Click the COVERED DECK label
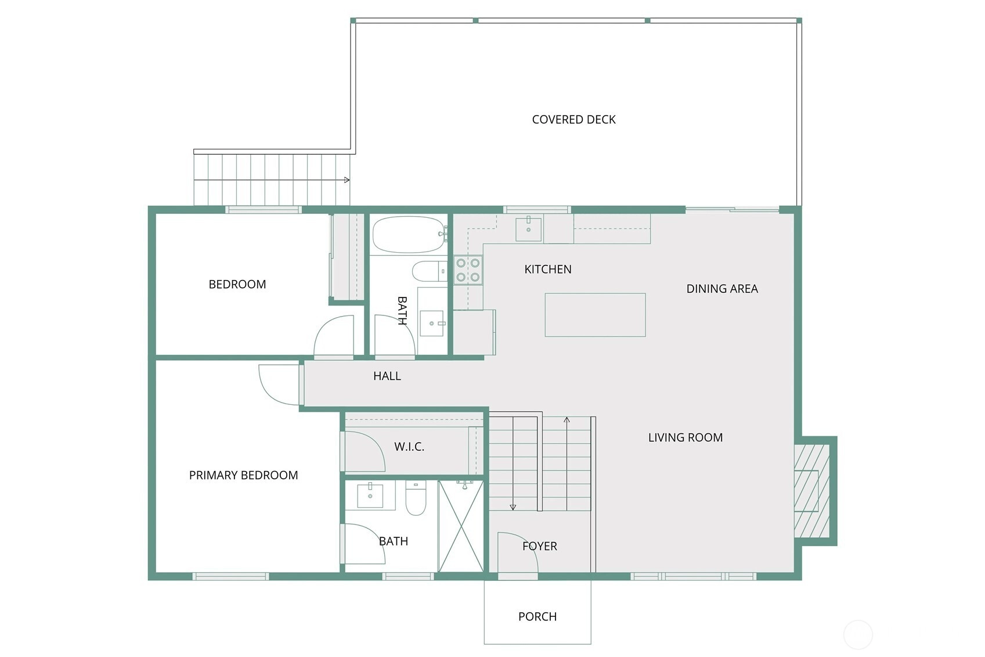[x=573, y=119]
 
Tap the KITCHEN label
[x=548, y=270]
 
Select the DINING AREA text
[x=722, y=289]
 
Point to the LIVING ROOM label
[x=685, y=437]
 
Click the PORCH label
[x=537, y=616]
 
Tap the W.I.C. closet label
[x=409, y=447]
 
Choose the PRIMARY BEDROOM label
[x=243, y=475]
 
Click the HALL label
[x=387, y=376]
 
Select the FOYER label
[x=540, y=546]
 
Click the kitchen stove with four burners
[x=468, y=270]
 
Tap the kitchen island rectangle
[x=596, y=315]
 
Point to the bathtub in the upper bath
[x=409, y=234]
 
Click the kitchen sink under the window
[x=529, y=228]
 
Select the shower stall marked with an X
[x=461, y=526]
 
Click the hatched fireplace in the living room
[x=811, y=491]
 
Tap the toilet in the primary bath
[x=416, y=498]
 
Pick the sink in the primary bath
[x=370, y=496]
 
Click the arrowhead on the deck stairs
[x=347, y=180]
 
